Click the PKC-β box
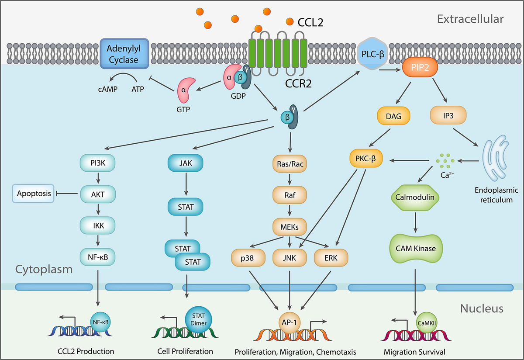[365, 160]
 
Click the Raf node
[290, 195]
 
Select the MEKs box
[290, 227]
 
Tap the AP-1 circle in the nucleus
[290, 322]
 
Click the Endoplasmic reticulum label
[497, 195]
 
